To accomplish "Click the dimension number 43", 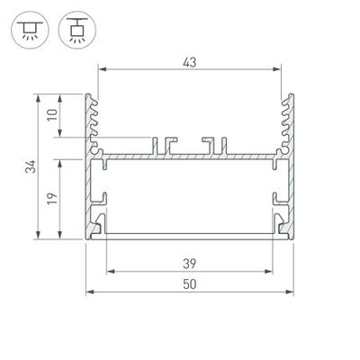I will click(189, 61).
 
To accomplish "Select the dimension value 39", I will click(189, 263).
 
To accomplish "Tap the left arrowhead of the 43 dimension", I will click(101, 69).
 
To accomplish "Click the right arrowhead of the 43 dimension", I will click(277, 69).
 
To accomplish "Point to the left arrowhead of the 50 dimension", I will click(88, 293).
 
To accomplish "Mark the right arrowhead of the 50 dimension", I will click(292, 293).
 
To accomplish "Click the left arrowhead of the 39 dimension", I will click(110, 271).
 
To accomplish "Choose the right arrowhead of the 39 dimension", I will click(270, 271).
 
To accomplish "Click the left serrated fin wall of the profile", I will click(92, 121).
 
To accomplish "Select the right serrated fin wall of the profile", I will click(287, 121).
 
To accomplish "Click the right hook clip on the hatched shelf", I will click(213, 144).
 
